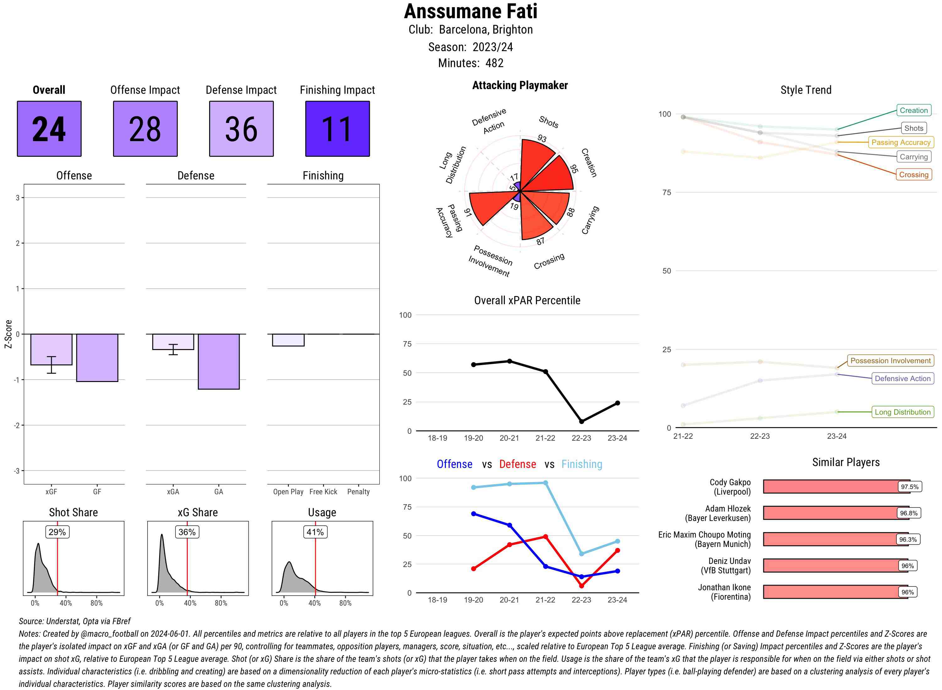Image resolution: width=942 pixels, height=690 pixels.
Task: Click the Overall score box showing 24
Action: pos(49,129)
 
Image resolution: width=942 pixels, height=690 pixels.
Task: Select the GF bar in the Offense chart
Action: pos(97,358)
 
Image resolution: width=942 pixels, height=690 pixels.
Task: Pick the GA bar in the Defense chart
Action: pos(219,361)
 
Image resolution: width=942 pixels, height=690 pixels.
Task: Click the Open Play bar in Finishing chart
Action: pos(288,340)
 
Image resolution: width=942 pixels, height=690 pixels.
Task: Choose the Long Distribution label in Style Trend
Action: pos(902,412)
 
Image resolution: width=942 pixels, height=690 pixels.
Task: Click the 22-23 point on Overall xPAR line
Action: pos(581,422)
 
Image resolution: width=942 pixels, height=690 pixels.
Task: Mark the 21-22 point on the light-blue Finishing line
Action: pos(545,483)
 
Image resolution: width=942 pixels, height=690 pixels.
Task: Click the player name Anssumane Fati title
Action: pos(470,11)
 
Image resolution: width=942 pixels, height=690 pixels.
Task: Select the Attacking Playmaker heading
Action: pos(520,85)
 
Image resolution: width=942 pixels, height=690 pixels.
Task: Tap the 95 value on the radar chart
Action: pos(574,168)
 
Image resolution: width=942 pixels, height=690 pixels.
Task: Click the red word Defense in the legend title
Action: pos(517,464)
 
